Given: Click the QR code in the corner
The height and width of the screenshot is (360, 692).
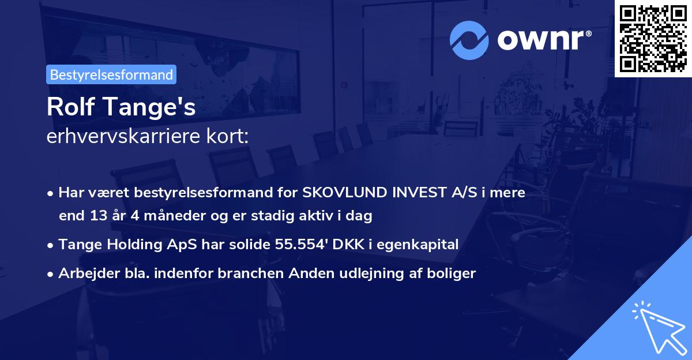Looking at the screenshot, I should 653,38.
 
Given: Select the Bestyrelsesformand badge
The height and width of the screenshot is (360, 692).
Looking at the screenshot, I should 111,74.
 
